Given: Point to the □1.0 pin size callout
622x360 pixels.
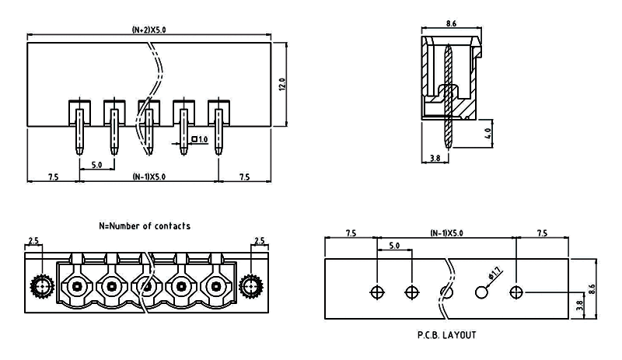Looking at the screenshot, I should (x=199, y=139).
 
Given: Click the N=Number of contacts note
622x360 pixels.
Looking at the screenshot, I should (x=145, y=225).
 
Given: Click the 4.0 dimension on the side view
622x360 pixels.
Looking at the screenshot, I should (x=487, y=131).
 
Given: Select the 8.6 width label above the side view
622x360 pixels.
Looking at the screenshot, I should (x=452, y=25).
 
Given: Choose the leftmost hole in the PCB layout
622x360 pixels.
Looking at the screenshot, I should (x=377, y=292).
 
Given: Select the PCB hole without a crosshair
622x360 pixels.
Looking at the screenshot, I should (x=482, y=292).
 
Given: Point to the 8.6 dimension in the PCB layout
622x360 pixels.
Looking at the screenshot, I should (x=592, y=288).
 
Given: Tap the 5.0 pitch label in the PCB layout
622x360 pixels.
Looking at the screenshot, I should (x=394, y=246).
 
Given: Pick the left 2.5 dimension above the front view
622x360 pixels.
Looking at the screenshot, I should (x=33, y=241).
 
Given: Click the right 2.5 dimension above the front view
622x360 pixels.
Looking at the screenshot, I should (x=260, y=241).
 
